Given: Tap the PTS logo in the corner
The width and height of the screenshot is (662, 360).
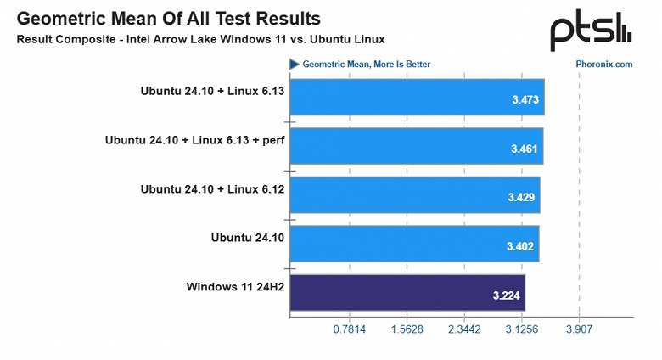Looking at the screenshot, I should pyautogui.click(x=591, y=31).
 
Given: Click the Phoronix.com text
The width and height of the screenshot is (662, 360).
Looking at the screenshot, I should pyautogui.click(x=604, y=64).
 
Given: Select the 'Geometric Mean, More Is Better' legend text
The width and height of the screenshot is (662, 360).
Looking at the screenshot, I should pyautogui.click(x=366, y=64).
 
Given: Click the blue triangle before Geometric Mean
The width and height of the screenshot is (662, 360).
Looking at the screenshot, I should pyautogui.click(x=295, y=64).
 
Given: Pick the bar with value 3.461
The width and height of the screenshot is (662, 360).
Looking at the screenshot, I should pyautogui.click(x=416, y=146).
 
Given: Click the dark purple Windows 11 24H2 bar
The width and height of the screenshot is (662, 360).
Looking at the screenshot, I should pyautogui.click(x=407, y=293).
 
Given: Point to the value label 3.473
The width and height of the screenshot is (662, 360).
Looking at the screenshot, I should pyautogui.click(x=526, y=100).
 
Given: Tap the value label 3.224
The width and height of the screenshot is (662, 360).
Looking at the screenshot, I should pyautogui.click(x=508, y=296).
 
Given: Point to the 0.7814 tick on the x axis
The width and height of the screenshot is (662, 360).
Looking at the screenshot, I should pyautogui.click(x=349, y=329).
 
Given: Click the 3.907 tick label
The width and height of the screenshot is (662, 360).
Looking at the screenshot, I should pyautogui.click(x=578, y=329).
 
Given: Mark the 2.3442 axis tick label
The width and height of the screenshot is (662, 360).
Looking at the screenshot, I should pyautogui.click(x=463, y=329).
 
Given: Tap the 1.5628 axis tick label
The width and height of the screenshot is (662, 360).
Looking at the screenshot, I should pyautogui.click(x=406, y=329).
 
